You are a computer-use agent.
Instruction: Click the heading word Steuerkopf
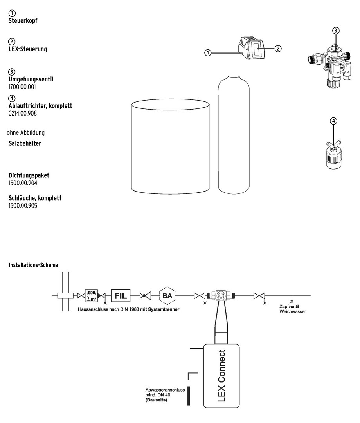point(23,20)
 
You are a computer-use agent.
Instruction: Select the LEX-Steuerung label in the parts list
point(28,49)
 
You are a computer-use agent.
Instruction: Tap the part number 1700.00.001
point(22,87)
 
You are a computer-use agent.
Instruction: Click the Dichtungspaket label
point(29,175)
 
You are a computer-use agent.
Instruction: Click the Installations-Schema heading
point(33,265)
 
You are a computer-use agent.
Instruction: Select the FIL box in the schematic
point(121,296)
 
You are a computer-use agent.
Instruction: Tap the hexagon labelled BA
point(167,296)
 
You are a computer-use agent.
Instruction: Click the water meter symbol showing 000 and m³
point(91,296)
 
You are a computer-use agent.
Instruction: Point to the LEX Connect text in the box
point(221,375)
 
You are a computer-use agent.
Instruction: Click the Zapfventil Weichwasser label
point(292,309)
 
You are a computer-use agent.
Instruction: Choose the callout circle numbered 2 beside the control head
point(278,49)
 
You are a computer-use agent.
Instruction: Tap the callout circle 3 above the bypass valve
point(336,30)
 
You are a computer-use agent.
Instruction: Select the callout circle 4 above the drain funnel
point(333,121)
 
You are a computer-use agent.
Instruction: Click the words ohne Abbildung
point(25,132)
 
